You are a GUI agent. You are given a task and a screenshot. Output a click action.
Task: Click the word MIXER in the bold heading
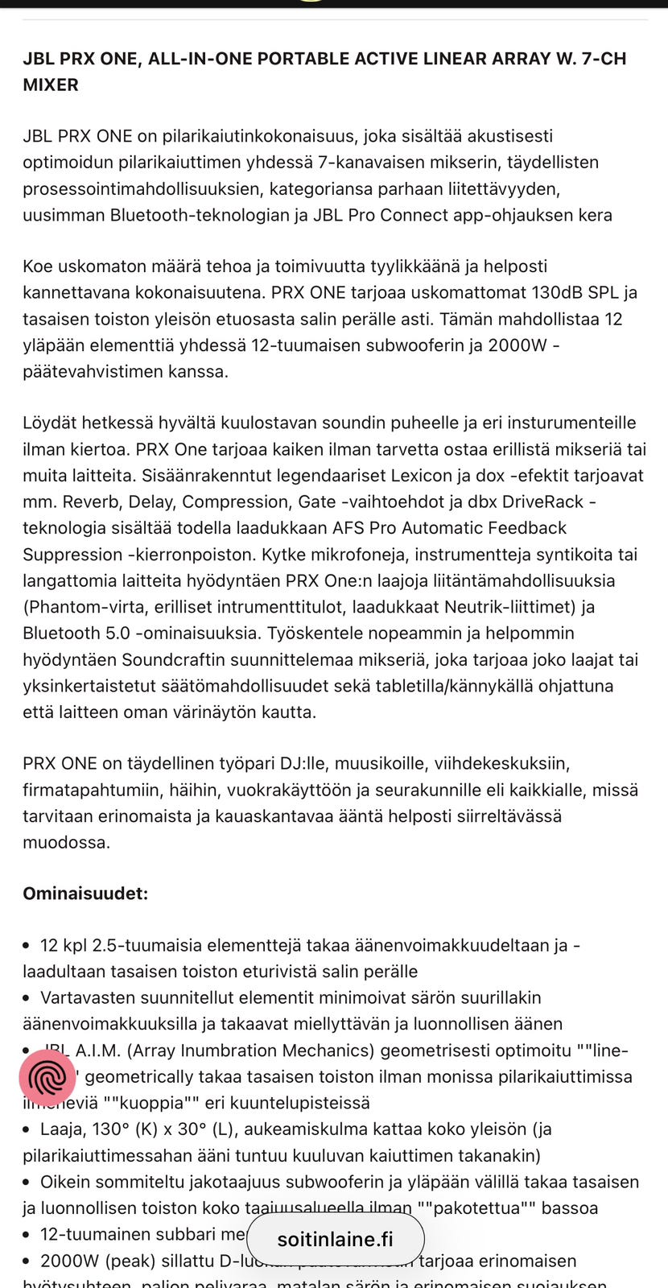click(x=51, y=85)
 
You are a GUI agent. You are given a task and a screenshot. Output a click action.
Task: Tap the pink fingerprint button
click(x=47, y=1078)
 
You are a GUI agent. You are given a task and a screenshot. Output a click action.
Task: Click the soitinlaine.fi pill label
click(x=335, y=1239)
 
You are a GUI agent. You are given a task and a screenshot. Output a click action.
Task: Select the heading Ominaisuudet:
click(x=85, y=894)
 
